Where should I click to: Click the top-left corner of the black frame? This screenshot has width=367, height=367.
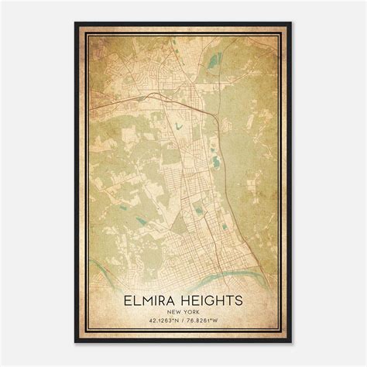coord(75,22)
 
